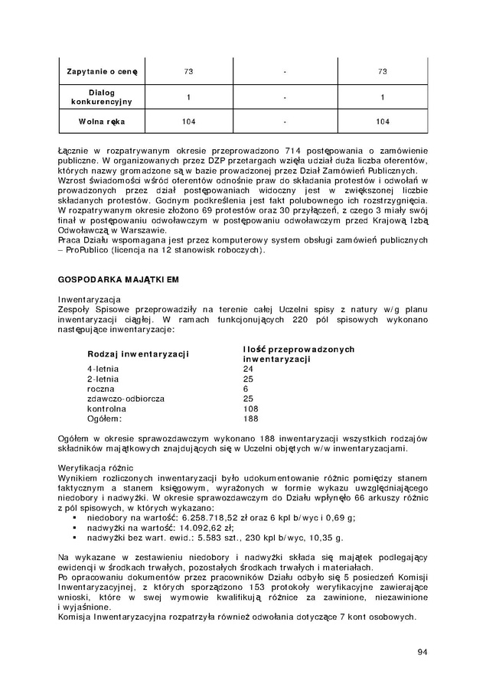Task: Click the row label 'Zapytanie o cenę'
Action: (101, 72)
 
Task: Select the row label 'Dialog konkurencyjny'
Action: (101, 96)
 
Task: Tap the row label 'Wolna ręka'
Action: (101, 122)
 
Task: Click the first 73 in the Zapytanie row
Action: (188, 72)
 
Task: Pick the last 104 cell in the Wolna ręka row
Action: (383, 122)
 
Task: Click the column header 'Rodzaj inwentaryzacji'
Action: (139, 354)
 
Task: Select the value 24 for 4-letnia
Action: (248, 369)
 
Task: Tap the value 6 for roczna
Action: (246, 389)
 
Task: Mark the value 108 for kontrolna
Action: (250, 409)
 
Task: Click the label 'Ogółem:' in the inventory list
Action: (105, 418)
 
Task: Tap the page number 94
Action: (422, 652)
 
